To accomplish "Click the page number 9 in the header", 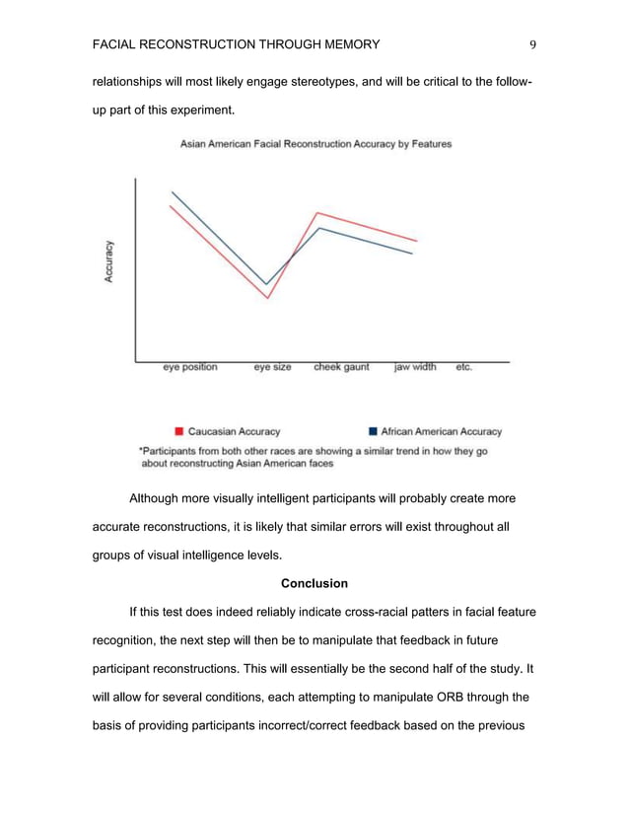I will (532, 44).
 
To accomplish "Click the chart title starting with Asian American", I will (315, 144).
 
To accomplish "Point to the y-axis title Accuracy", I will (109, 262).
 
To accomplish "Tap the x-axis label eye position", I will (190, 367).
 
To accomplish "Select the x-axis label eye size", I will (272, 367).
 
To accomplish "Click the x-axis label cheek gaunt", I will (341, 367).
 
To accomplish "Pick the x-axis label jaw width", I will (415, 367).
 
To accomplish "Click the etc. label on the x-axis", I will (463, 367).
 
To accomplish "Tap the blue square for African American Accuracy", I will (373, 431).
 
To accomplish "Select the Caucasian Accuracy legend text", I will (234, 431).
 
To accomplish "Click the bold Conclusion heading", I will (314, 583).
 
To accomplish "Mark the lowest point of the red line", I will (268, 298).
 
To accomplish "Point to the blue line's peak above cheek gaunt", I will (318, 228).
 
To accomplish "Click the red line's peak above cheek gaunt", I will (316, 212).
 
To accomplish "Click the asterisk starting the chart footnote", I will (141, 450).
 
